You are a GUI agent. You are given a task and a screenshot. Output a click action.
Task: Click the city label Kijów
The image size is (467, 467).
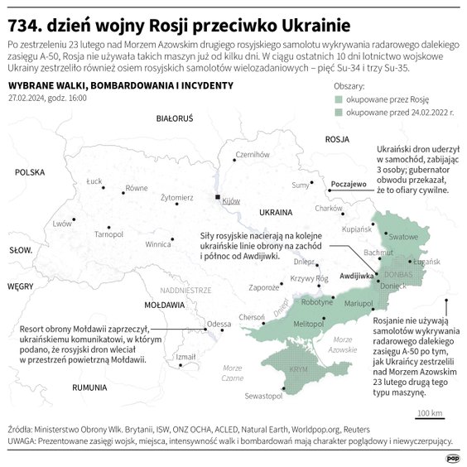231,201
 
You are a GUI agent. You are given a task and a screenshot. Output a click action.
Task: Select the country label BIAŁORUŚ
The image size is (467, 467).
175,119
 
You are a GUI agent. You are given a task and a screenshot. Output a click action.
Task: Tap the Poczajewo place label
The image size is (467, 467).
348,185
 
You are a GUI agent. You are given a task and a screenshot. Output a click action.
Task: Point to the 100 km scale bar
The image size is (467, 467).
428,419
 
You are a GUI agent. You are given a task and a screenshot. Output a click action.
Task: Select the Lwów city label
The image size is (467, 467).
61,224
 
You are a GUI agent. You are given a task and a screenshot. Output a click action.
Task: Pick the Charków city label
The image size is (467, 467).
329,208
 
